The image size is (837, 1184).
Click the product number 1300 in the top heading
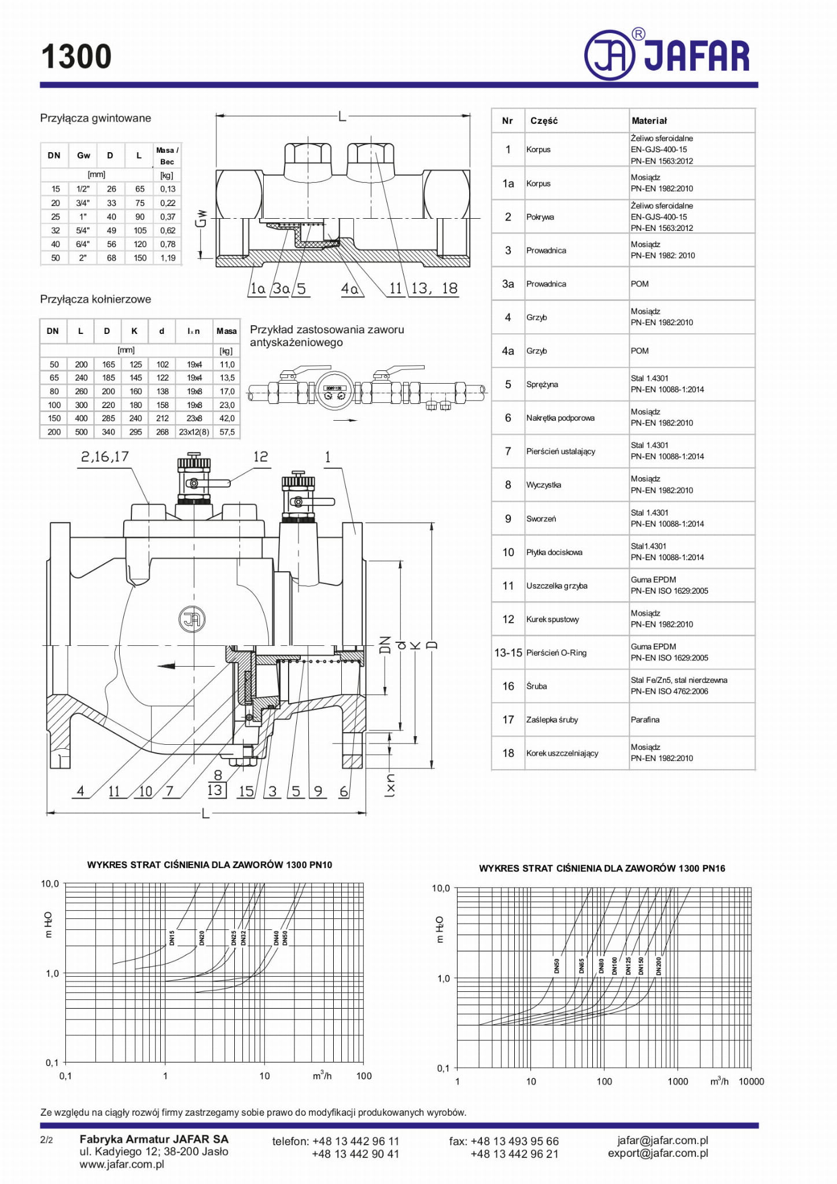[x=76, y=57]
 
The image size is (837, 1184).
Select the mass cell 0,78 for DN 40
[x=168, y=244]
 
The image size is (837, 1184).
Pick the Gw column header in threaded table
[x=83, y=155]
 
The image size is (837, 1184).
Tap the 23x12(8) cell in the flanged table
[x=194, y=432]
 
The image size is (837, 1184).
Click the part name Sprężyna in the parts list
[x=542, y=384]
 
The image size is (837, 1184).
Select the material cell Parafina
[x=645, y=720]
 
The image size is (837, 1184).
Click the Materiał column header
[x=649, y=121]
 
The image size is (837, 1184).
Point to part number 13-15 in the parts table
[x=508, y=653]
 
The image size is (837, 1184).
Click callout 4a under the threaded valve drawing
[x=349, y=288]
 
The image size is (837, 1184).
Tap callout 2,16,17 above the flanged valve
[x=105, y=457]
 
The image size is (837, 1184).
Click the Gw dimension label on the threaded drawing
[x=201, y=219]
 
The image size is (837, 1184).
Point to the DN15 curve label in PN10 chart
[x=172, y=938]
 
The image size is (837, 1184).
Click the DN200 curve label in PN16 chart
[x=658, y=966]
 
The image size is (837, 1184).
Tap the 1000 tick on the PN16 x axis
[x=677, y=1082]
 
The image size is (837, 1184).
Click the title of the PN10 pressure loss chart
[x=209, y=865]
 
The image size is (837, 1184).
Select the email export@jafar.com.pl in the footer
[x=658, y=1153]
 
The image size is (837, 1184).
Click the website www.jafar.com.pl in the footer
[x=121, y=1164]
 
